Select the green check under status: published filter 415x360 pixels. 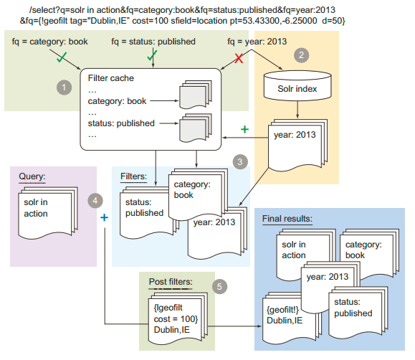coord(152,55)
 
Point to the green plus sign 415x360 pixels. coord(244,130)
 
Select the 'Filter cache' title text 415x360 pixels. coord(112,77)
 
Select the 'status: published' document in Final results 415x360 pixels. coord(352,308)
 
